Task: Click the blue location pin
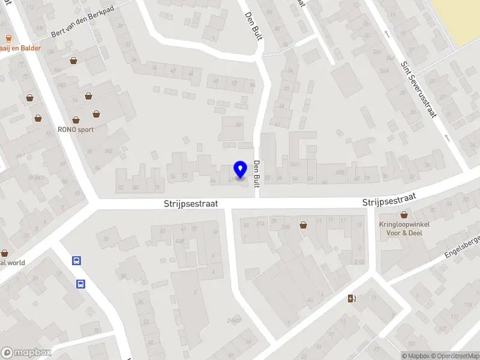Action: [x=240, y=169]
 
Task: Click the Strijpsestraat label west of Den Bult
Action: [x=190, y=204]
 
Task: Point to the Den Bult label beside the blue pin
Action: [x=256, y=175]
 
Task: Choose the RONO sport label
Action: [x=76, y=129]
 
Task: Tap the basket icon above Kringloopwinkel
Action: [x=404, y=215]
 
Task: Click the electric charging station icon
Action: [x=352, y=298]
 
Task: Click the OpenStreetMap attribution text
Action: [x=451, y=356]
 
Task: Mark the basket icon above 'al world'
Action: [x=4, y=253]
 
